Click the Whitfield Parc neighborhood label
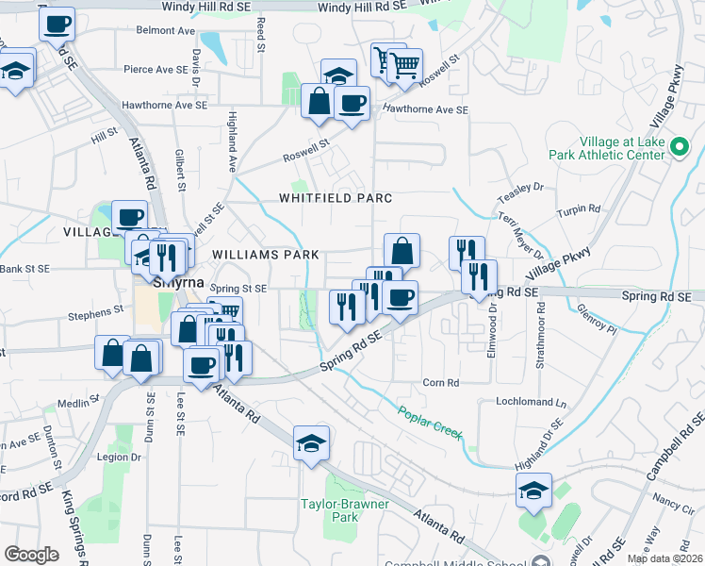335,198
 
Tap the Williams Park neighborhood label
266,255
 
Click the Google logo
31,555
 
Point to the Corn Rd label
440,383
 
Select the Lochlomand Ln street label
532,403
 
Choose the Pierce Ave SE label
156,69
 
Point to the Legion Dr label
119,458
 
